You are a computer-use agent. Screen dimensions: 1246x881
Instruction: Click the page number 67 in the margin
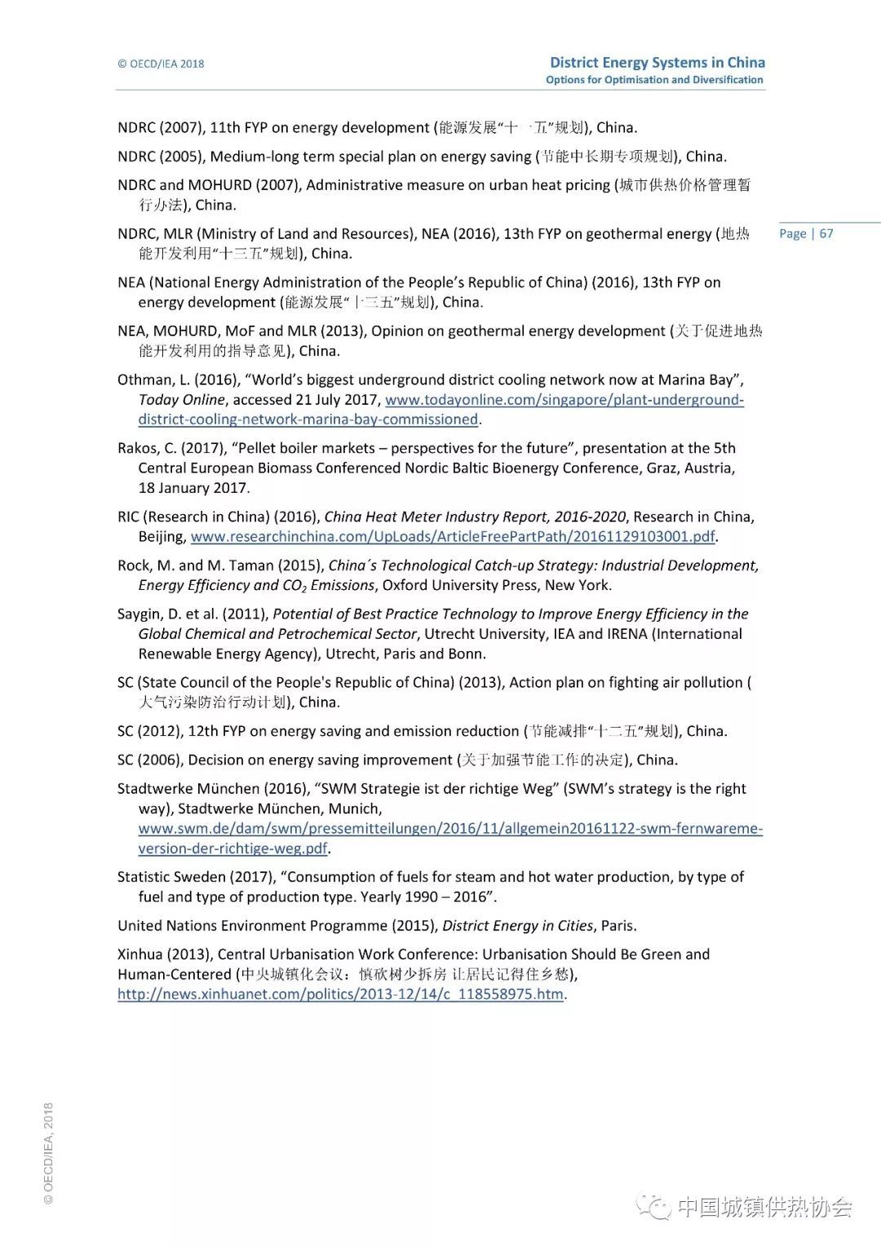[x=826, y=233]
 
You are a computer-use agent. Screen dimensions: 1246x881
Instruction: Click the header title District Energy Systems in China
[x=657, y=62]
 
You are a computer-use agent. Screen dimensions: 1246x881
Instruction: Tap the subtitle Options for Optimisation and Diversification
[x=654, y=80]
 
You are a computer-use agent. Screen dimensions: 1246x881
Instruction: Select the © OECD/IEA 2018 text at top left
[x=161, y=64]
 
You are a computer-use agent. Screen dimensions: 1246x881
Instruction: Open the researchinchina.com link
[x=453, y=537]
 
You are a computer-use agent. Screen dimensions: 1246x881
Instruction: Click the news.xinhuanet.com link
[x=340, y=995]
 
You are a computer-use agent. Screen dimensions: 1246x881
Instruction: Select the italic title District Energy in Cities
[x=517, y=926]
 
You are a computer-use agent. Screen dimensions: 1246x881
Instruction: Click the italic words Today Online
[x=181, y=400]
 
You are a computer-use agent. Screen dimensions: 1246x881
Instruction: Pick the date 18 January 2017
[x=193, y=488]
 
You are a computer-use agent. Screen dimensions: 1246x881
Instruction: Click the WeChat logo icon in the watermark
[x=654, y=1207]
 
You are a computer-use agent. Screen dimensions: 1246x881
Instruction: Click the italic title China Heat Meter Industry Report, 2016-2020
[x=475, y=517]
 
